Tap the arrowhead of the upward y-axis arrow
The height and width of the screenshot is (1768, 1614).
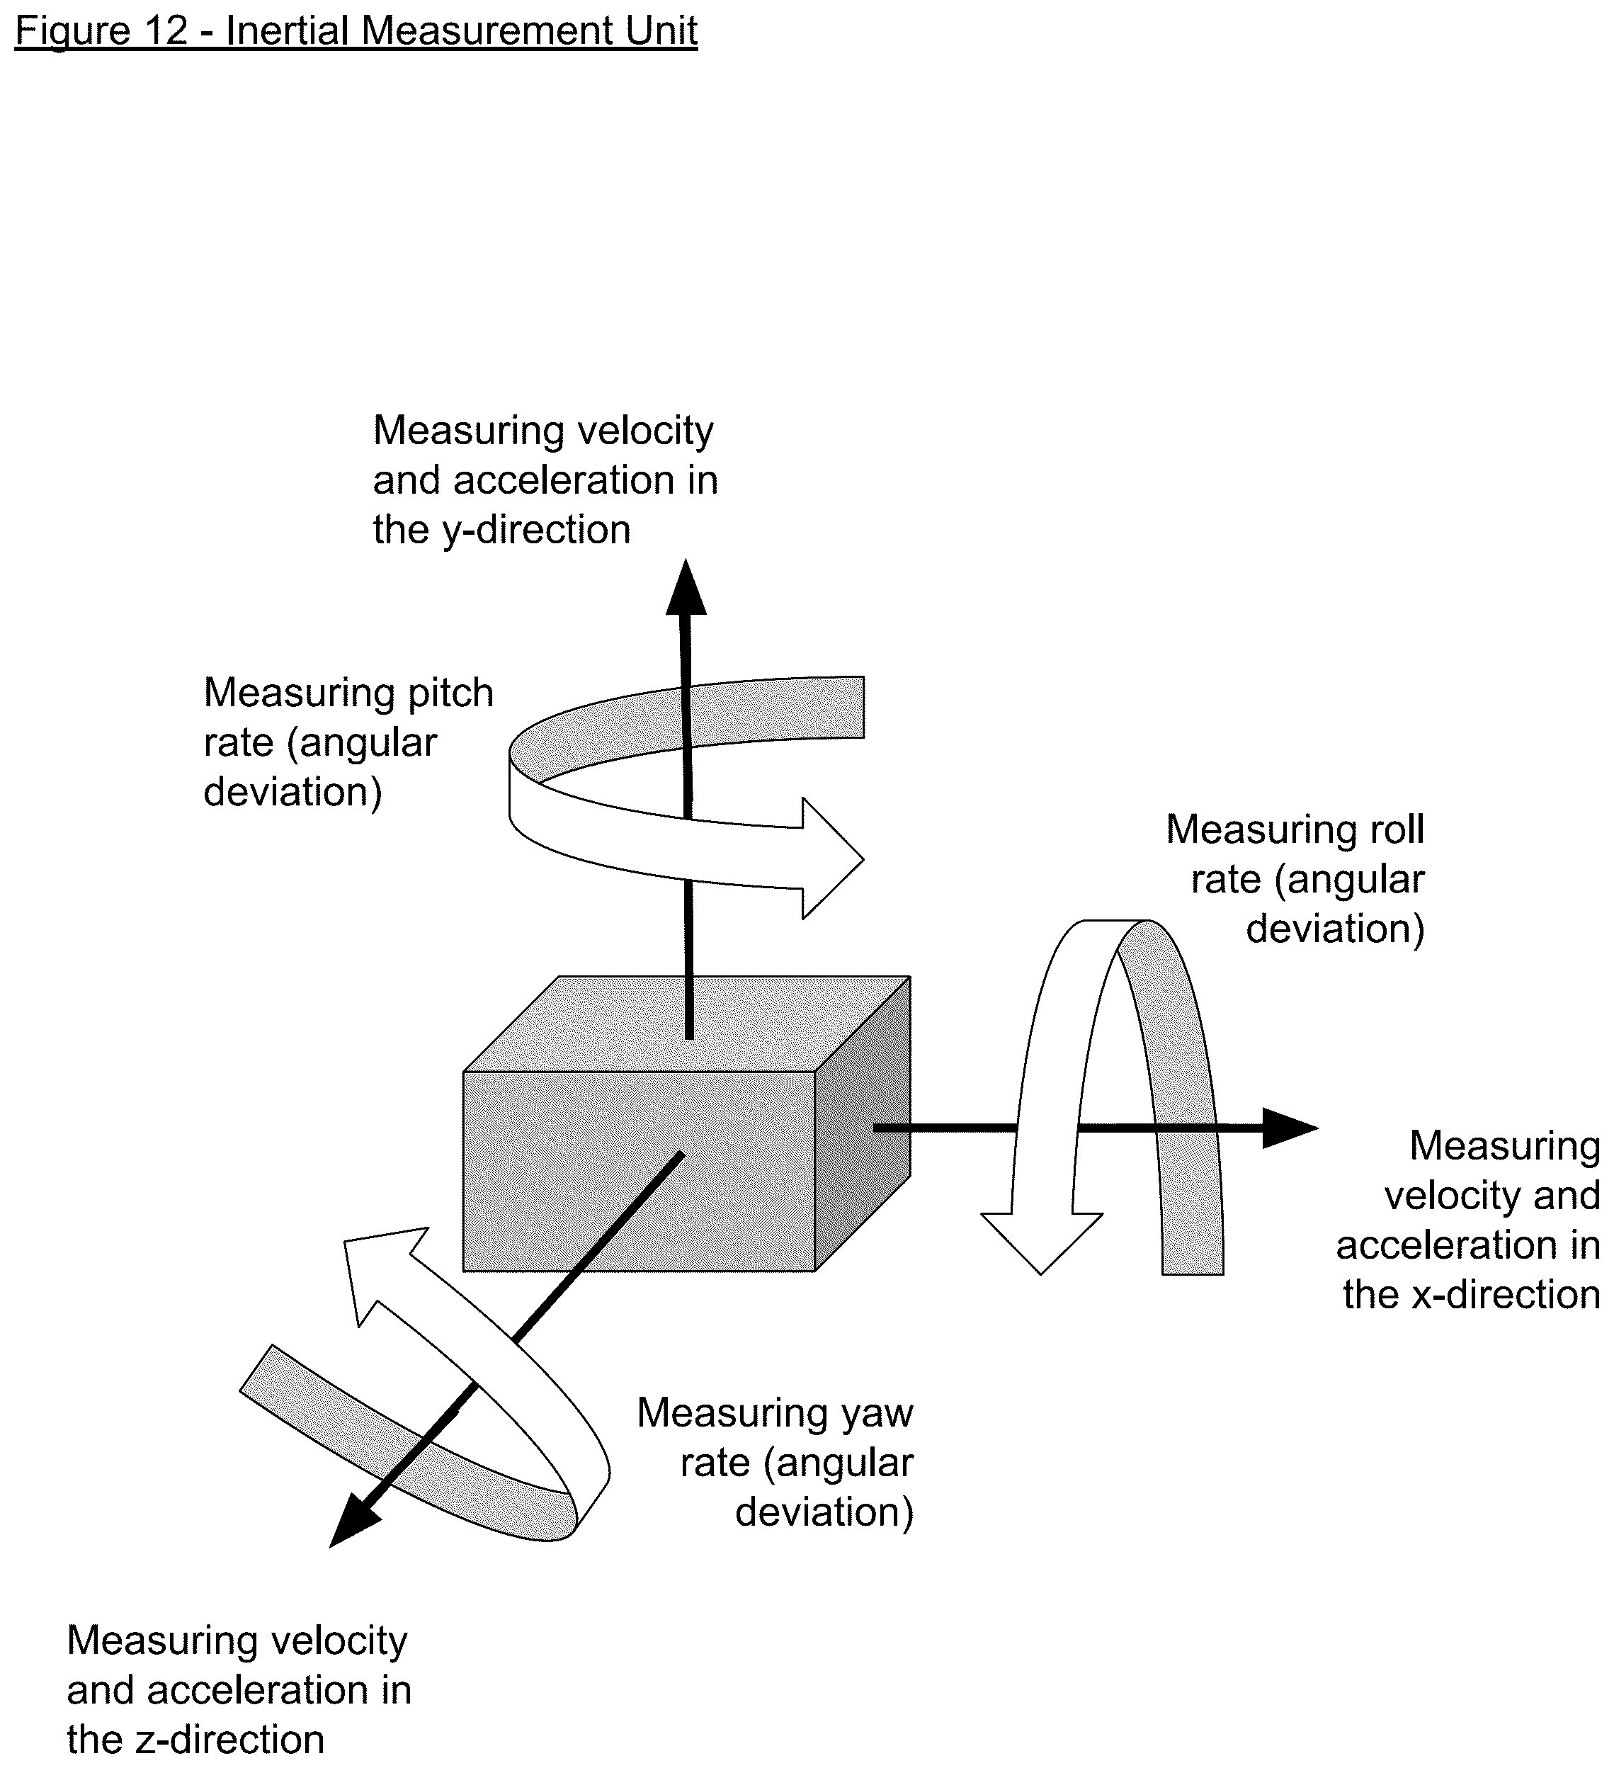click(x=686, y=588)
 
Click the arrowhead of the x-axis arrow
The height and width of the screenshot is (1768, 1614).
click(x=1290, y=1128)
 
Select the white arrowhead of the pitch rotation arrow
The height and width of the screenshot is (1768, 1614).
click(x=833, y=858)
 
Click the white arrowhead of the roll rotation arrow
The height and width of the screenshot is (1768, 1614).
click(x=1042, y=1242)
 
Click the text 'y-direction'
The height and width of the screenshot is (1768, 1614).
click(x=537, y=531)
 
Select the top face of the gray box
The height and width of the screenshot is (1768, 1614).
click(x=686, y=1024)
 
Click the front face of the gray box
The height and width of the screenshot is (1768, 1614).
click(x=639, y=1171)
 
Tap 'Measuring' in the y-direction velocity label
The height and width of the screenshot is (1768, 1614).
click(x=455, y=431)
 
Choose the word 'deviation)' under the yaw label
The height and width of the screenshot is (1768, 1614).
click(x=824, y=1513)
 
